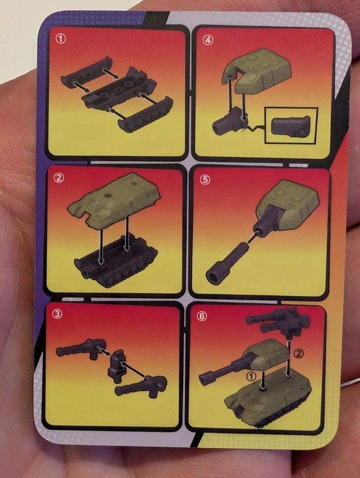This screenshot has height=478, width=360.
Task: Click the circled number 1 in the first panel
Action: [61, 39]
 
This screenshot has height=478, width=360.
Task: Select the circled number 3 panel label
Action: [57, 315]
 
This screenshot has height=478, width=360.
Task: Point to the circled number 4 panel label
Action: [208, 40]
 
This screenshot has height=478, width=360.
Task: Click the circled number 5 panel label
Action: [205, 180]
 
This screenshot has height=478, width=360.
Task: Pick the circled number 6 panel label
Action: [202, 317]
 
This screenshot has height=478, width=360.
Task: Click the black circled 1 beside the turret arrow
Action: [251, 377]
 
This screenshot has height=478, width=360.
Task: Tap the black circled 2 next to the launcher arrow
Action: [299, 353]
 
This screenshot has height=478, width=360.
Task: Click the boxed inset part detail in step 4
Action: [291, 125]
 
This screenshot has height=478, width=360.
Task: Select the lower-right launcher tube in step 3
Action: [141, 386]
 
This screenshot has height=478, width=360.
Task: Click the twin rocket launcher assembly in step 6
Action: [278, 323]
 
